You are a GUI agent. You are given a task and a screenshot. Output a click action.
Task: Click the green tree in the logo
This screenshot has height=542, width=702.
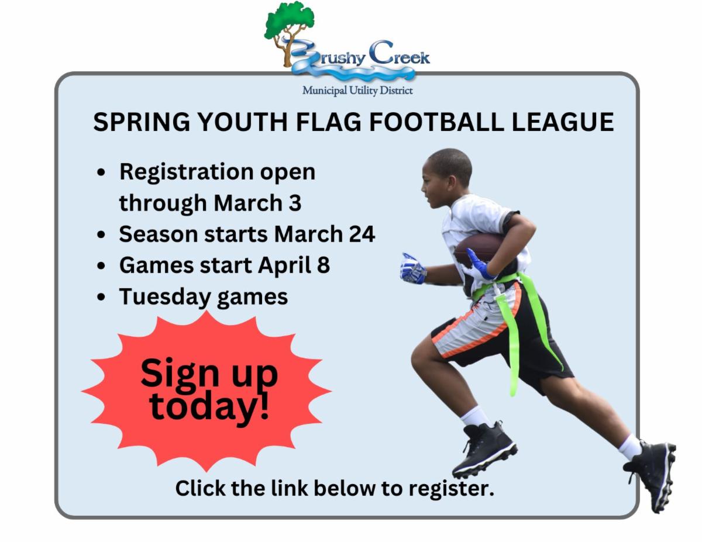(x=289, y=32)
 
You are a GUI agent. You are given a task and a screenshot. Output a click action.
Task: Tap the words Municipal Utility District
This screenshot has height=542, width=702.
(x=357, y=91)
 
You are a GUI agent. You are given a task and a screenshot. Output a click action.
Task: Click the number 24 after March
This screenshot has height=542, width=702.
(x=362, y=234)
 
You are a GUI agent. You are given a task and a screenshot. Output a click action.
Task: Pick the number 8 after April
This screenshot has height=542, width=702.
(x=324, y=265)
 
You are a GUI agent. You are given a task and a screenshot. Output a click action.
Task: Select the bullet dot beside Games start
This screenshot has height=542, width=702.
(x=101, y=265)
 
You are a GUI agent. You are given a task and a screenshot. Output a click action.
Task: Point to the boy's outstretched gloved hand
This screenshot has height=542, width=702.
(x=412, y=268)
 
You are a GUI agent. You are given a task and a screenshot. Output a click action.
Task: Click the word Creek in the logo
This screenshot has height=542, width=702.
(x=400, y=53)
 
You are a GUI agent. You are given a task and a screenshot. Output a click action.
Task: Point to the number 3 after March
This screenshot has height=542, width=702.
(x=295, y=203)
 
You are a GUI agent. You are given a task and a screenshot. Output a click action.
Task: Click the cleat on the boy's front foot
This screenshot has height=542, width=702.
(x=484, y=450)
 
